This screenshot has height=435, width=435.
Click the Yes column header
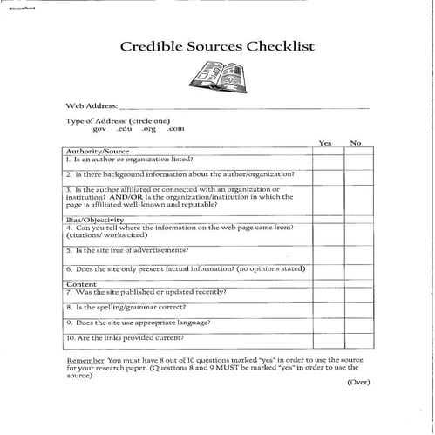click(325, 143)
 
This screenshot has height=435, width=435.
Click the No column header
click(356, 143)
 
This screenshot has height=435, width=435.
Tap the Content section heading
click(81, 284)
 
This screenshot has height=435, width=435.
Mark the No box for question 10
click(357, 338)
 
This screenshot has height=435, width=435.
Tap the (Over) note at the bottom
click(358, 383)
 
